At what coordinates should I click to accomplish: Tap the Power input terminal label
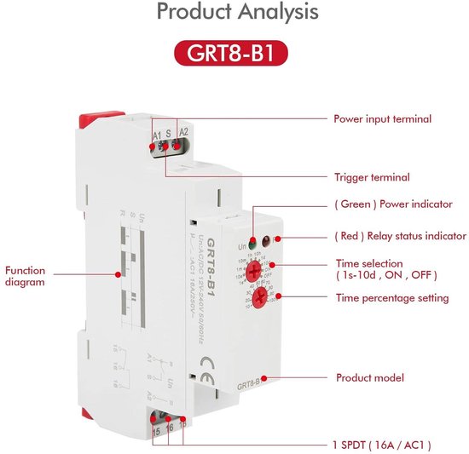(382, 119)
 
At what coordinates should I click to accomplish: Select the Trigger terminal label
(371, 177)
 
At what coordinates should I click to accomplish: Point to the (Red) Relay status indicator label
(399, 236)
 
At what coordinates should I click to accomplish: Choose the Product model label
(369, 377)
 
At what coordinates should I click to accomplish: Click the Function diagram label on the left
(26, 276)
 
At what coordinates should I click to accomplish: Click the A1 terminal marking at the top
(157, 134)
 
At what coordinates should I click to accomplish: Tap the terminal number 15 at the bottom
(156, 432)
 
